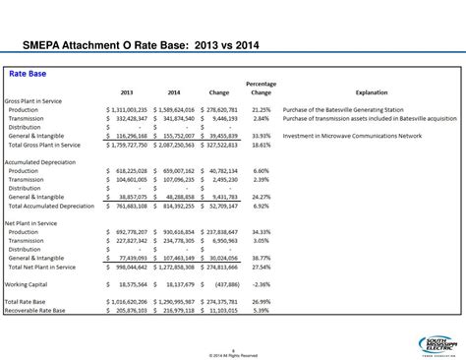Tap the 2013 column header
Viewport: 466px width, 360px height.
126,91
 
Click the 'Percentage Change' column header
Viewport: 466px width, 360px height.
261,88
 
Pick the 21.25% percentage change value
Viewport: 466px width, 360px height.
261,109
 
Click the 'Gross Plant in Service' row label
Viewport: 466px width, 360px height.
33,100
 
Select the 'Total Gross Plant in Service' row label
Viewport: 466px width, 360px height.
46,144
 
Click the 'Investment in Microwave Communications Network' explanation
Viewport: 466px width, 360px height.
351,135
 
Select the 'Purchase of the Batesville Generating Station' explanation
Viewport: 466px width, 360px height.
344,109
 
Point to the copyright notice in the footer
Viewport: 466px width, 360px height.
233,355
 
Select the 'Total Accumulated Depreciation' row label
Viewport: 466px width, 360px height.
52,205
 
